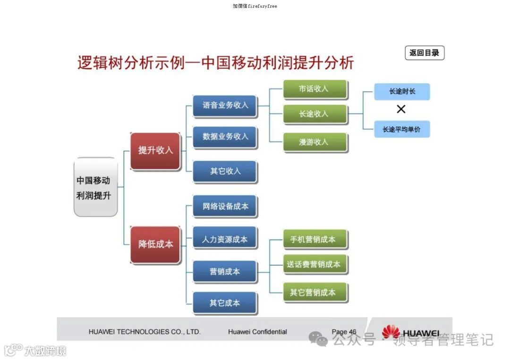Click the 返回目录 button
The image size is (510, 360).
click(x=424, y=53)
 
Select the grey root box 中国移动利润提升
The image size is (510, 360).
click(x=95, y=187)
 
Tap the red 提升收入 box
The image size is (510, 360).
click(x=155, y=151)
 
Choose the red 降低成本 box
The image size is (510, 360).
click(x=155, y=244)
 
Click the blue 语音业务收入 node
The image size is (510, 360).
click(x=225, y=105)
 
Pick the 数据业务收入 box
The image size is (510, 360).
click(x=225, y=136)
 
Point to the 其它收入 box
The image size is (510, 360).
click(x=225, y=171)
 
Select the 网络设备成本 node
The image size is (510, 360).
click(x=225, y=206)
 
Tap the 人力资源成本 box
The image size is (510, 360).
click(x=225, y=239)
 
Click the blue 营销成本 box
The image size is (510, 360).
click(x=225, y=272)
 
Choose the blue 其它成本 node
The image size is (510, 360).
click(x=225, y=303)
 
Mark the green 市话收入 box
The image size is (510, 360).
click(x=315, y=89)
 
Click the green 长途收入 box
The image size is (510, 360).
click(x=315, y=114)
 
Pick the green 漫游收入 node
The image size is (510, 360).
click(x=315, y=142)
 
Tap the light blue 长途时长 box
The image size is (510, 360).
click(x=402, y=92)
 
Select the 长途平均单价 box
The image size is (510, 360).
click(x=402, y=129)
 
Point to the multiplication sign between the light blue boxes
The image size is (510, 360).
click(x=401, y=109)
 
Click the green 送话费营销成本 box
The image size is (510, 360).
click(x=315, y=264)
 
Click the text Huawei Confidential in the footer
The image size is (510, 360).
click(x=257, y=332)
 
